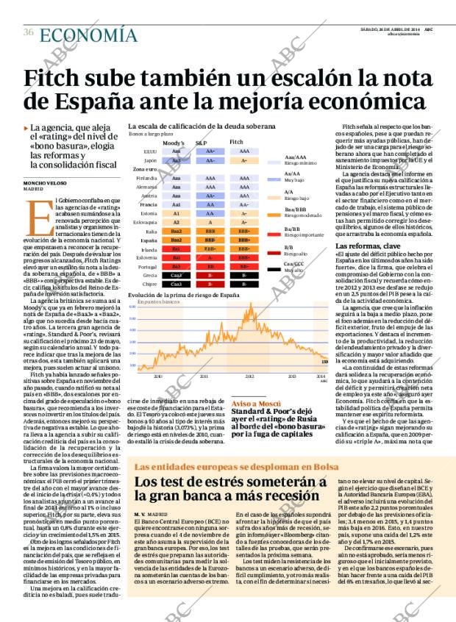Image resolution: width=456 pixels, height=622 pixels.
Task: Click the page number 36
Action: coord(27,32)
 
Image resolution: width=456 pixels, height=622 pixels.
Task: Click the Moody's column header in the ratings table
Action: coord(174,142)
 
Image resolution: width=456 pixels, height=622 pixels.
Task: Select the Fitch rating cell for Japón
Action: coord(238,160)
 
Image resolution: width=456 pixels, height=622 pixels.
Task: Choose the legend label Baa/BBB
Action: coord(296,210)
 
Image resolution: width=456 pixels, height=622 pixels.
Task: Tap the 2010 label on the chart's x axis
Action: coord(158,375)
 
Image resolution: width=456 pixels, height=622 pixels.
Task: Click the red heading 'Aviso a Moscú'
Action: coord(253,404)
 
